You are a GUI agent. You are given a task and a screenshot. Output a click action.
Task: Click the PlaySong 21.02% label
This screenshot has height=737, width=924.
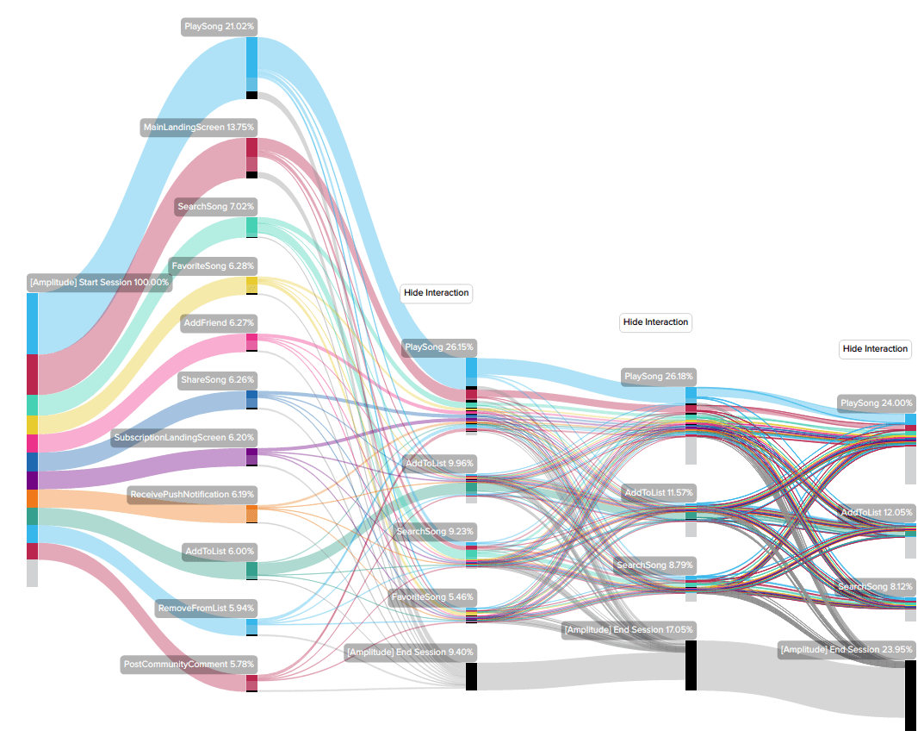(x=219, y=27)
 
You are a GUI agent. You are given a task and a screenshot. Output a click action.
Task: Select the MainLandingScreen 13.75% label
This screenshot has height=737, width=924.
(x=199, y=128)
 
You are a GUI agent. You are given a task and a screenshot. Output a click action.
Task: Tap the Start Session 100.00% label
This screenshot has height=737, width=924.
(x=99, y=282)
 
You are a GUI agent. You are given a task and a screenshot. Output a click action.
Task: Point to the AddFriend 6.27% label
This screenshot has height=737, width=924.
(x=219, y=322)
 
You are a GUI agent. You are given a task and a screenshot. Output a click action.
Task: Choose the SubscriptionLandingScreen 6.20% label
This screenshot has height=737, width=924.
(x=183, y=438)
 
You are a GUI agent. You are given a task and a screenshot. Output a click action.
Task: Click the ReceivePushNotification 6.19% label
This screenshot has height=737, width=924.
(x=192, y=495)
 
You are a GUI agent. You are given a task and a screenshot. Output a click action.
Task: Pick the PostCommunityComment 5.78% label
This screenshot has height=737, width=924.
(x=189, y=665)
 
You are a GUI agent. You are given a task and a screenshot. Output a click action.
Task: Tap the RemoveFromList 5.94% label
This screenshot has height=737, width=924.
(x=206, y=609)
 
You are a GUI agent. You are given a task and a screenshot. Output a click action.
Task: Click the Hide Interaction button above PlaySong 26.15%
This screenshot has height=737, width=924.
(x=437, y=293)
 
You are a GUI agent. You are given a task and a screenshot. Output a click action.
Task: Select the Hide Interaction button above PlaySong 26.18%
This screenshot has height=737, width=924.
(x=655, y=322)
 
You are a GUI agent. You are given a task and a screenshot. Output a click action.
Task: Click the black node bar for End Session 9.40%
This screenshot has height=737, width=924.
(x=471, y=677)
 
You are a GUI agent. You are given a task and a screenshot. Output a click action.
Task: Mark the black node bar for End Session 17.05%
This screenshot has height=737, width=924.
(x=691, y=665)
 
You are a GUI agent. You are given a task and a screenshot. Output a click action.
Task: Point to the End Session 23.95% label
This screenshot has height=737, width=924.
(x=846, y=649)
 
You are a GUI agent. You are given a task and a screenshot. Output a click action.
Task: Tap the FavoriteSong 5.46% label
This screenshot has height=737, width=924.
(x=431, y=596)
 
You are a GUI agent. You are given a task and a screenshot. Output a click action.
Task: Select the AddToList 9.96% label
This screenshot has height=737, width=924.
(x=439, y=463)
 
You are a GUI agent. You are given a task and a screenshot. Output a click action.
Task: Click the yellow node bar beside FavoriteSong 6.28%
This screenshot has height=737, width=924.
(x=251, y=285)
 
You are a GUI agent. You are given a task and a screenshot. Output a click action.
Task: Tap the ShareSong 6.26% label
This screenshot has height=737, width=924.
(x=215, y=379)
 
